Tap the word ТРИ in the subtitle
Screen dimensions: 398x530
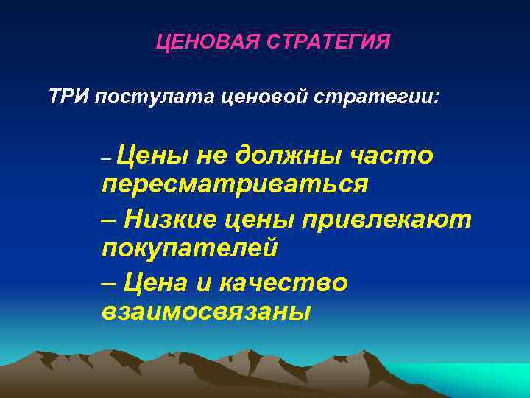(70, 97)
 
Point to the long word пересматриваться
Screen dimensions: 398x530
(234, 184)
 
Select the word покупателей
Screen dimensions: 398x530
(189, 249)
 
